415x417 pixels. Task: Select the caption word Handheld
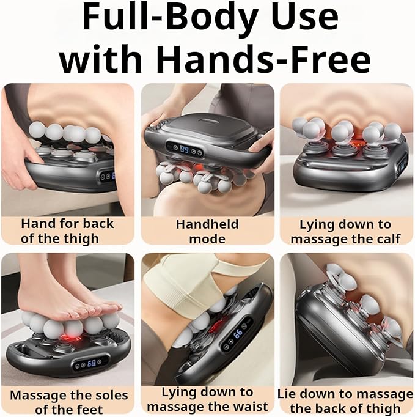click(x=207, y=224)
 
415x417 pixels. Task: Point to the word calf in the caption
click(x=389, y=238)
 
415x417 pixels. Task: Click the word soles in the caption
click(x=111, y=395)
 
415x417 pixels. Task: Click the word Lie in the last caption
click(x=286, y=394)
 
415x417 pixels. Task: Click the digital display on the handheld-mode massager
click(x=185, y=149)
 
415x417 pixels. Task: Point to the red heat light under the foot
click(x=70, y=338)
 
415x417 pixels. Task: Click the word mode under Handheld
click(x=207, y=238)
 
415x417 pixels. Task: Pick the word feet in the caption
click(x=90, y=410)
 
